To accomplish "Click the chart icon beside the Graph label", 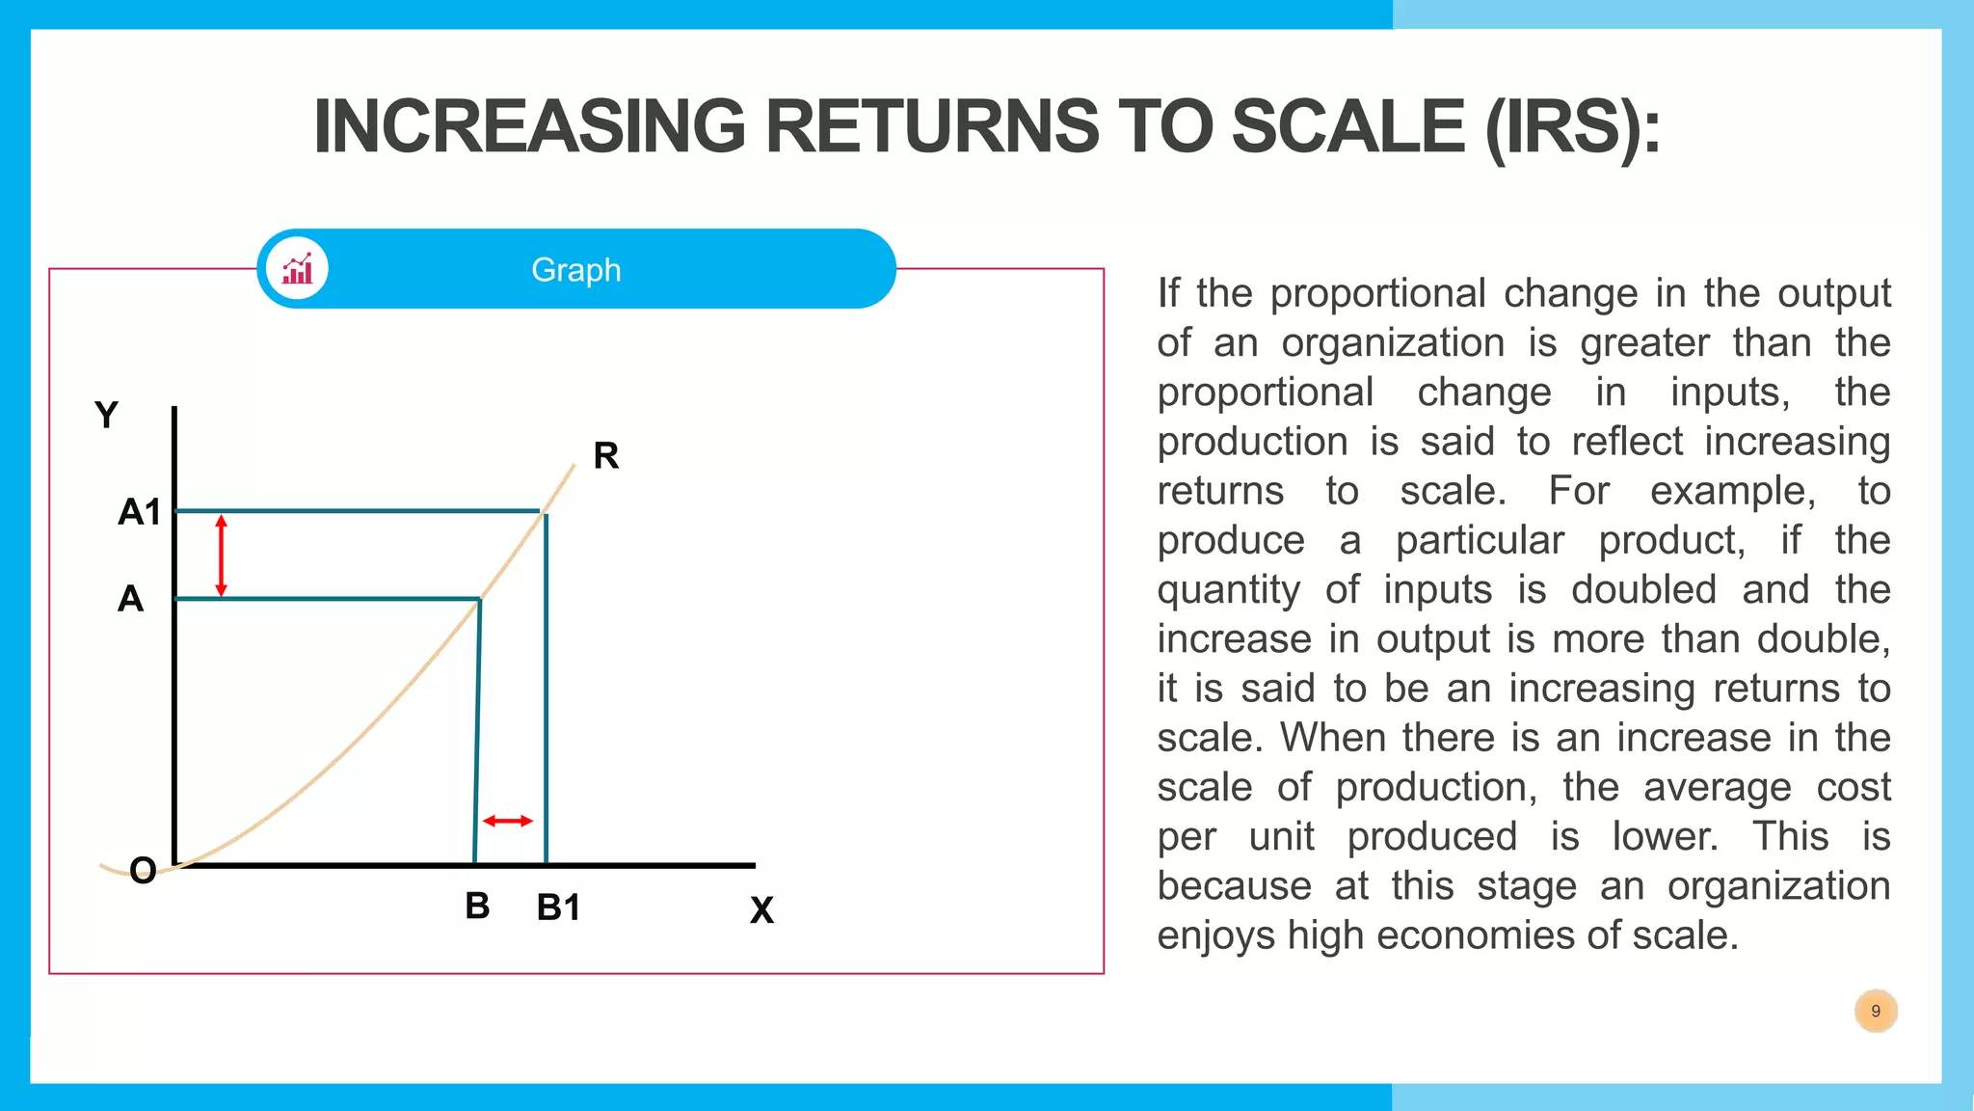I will coord(298,269).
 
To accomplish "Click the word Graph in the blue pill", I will coord(575,270).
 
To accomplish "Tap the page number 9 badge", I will coord(1875,1011).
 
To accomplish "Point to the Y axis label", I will coord(106,416).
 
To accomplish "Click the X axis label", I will coord(761,909).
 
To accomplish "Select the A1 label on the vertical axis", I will coord(139,512).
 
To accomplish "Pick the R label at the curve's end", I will coord(605,455).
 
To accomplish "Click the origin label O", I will coord(143,871).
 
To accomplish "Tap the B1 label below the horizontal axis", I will coord(558,908).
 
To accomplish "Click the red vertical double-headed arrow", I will coord(221,555).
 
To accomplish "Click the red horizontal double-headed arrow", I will coord(507,821).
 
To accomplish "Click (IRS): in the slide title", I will coord(1572,126).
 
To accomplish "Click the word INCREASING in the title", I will coord(529,126).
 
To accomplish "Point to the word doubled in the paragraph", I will coord(1643,589).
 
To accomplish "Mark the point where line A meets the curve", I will coord(480,599).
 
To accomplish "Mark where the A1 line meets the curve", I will coord(542,510).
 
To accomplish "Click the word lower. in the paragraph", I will coord(1665,836).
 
